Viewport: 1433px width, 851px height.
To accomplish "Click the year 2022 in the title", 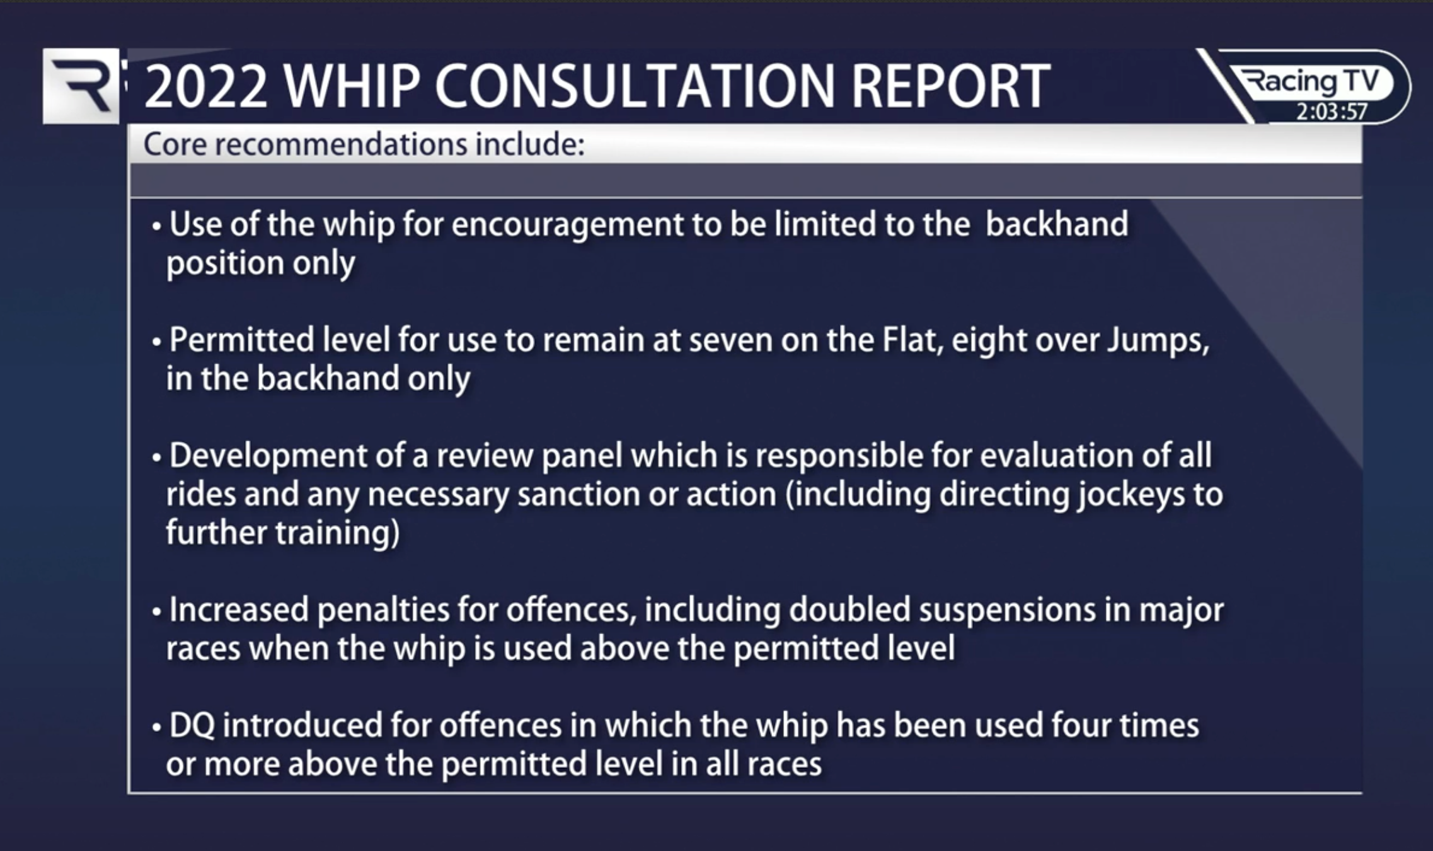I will (x=205, y=87).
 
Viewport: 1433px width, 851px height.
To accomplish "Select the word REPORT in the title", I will (x=950, y=87).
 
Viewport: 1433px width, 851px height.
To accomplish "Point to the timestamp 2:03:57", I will (x=1331, y=112).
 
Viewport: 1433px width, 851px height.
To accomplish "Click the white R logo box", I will (x=81, y=86).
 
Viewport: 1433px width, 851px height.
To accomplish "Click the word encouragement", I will (x=567, y=225).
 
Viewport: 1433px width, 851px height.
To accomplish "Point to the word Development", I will (x=268, y=456).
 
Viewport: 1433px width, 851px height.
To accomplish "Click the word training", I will (x=337, y=533).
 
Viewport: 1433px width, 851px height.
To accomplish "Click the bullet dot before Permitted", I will (x=157, y=343).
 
